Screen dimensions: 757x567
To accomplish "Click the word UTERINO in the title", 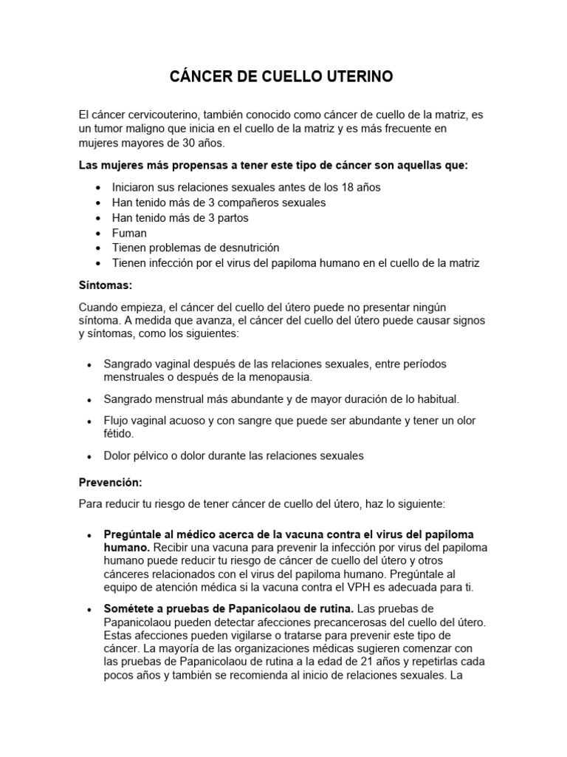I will pos(362,76).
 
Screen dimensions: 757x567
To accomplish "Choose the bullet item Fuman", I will pos(129,232).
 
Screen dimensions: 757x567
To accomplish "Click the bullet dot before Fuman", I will pos(98,233).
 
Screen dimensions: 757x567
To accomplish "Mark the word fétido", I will pos(120,435).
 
